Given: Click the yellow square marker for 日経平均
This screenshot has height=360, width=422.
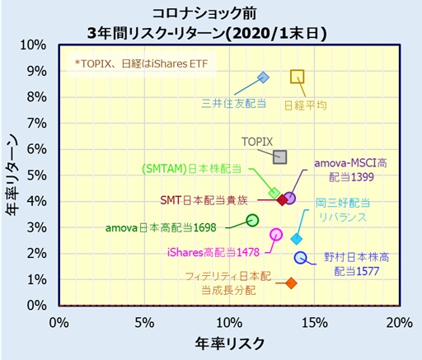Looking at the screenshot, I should [x=298, y=77].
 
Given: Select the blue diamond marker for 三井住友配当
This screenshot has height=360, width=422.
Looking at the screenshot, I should [x=263, y=77].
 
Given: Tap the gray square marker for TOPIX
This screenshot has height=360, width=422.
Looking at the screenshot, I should [x=280, y=157].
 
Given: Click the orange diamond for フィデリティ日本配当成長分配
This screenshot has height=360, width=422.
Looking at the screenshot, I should [x=291, y=283].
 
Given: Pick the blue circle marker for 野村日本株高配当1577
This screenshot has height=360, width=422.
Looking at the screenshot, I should [x=301, y=258].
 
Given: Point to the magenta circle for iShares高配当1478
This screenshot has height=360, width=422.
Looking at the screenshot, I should [x=277, y=234].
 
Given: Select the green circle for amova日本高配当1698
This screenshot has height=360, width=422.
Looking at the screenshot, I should [x=253, y=220].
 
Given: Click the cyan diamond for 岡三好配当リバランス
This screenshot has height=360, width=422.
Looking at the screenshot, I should [x=297, y=239].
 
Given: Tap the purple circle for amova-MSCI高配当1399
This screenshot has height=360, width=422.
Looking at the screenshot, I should [x=289, y=199].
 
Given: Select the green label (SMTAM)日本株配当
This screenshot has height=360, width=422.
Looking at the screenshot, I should [x=191, y=169].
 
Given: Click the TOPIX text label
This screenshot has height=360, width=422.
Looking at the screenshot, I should [x=256, y=142].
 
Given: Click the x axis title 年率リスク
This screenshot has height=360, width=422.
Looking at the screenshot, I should [x=229, y=342].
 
